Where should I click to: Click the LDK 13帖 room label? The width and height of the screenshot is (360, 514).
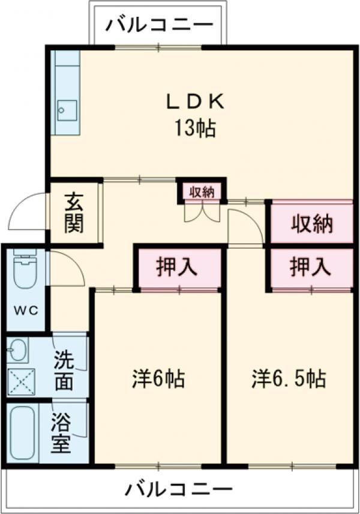[195, 114]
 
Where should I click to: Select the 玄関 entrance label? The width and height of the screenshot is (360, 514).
[74, 213]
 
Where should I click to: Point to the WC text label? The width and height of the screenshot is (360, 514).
[25, 310]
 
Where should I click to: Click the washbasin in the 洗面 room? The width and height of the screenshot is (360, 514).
[19, 349]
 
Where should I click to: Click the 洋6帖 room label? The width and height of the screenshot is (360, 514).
[158, 379]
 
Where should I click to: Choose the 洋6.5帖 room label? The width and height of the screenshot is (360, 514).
[289, 379]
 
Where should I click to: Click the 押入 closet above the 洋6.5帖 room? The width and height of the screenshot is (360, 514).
[310, 267]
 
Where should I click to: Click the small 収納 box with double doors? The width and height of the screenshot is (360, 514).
[202, 192]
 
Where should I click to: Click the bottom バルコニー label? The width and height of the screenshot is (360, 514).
[179, 489]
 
